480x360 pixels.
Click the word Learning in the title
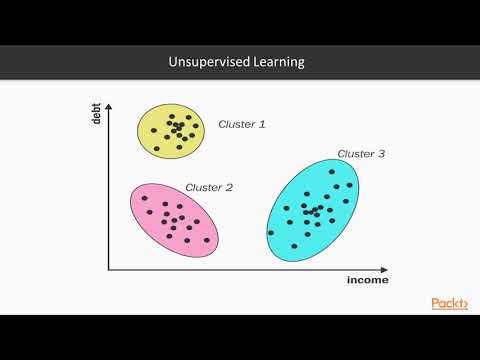click(x=278, y=62)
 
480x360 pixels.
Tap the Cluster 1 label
click(x=242, y=125)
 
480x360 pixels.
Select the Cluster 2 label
click(x=209, y=187)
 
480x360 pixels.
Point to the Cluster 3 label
click(x=361, y=154)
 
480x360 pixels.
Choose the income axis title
click(x=366, y=281)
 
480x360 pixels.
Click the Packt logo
click(x=449, y=303)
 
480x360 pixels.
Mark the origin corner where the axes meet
click(x=110, y=269)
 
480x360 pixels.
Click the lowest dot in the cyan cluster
click(x=294, y=246)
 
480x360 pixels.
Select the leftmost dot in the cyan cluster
click(x=270, y=233)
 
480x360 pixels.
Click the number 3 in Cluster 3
click(x=381, y=154)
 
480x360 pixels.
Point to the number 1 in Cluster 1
click(x=263, y=125)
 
